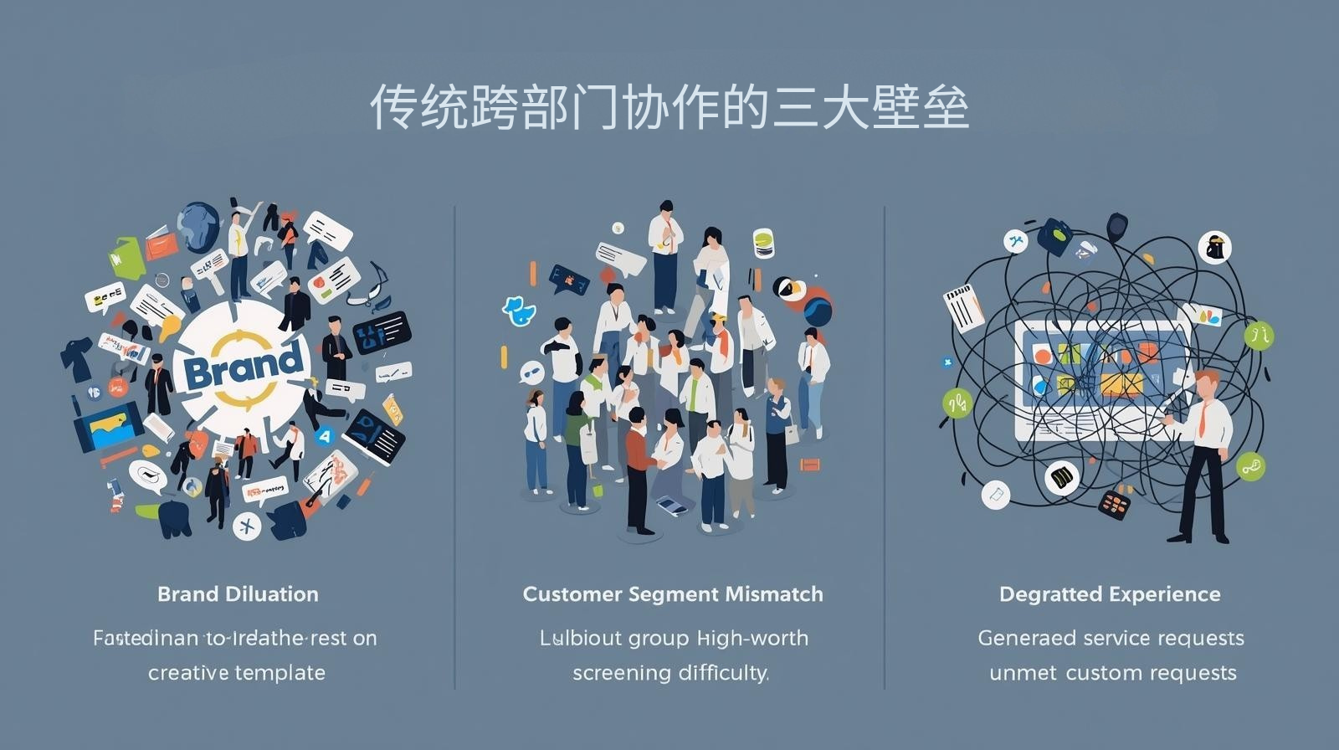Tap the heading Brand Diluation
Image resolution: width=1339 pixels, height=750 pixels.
click(238, 594)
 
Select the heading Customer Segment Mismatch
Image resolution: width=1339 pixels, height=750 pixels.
click(673, 594)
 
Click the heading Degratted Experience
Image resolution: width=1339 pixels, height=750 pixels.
click(1110, 594)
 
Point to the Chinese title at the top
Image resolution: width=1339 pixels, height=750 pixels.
click(669, 107)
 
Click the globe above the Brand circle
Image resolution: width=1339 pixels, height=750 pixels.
click(198, 223)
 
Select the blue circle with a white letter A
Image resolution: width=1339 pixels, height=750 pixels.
click(325, 435)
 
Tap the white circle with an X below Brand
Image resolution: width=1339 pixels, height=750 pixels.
click(247, 526)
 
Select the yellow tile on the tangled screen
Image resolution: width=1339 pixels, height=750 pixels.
click(1121, 384)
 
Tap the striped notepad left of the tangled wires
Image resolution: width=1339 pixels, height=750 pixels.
click(965, 306)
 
